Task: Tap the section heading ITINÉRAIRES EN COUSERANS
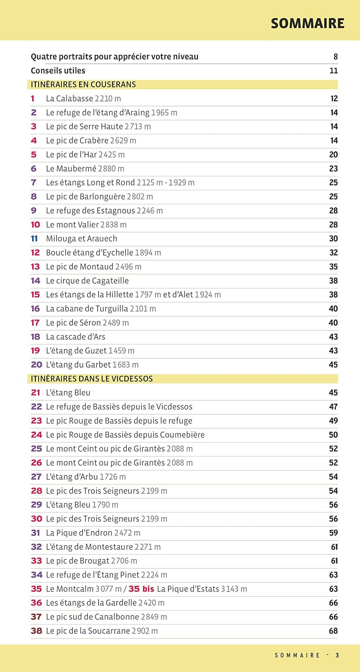(x=83, y=84)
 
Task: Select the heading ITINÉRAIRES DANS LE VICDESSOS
(x=92, y=379)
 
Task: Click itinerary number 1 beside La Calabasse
(x=33, y=99)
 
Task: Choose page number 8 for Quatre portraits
(x=335, y=57)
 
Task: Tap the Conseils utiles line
(x=58, y=71)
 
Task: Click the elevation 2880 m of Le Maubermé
(x=111, y=168)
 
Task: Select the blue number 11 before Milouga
(x=35, y=238)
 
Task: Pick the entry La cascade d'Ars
(x=76, y=336)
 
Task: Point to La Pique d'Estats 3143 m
(x=202, y=589)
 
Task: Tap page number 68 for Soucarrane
(x=333, y=631)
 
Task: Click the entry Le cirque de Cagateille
(x=87, y=280)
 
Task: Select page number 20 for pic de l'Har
(x=333, y=155)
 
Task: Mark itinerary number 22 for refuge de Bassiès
(x=36, y=407)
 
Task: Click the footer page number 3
(x=337, y=655)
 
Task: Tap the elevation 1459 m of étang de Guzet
(x=121, y=351)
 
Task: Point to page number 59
(x=333, y=533)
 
